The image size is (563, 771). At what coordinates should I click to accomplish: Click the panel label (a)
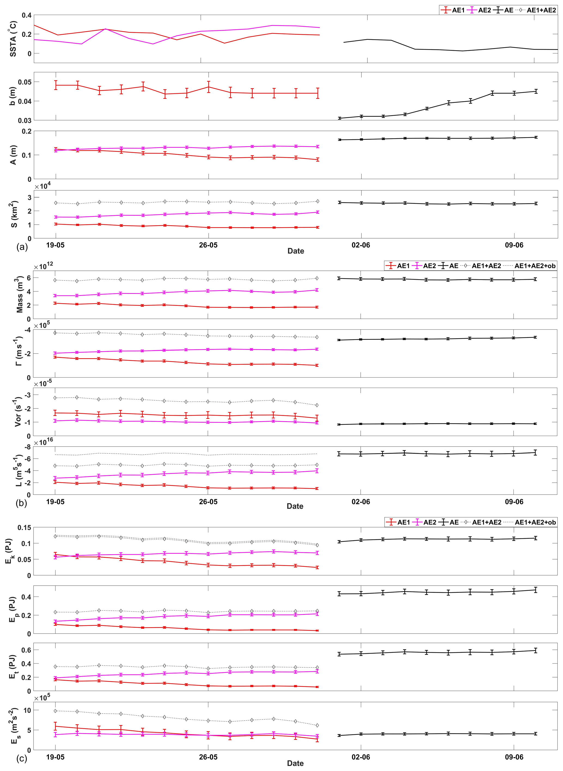click(x=22, y=247)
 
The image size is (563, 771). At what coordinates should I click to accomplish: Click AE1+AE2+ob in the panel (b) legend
click(x=535, y=266)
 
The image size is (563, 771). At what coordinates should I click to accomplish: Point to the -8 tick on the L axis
click(x=27, y=447)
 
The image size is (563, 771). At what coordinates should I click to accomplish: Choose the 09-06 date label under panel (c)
click(x=514, y=757)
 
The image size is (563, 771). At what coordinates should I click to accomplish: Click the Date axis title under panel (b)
click(x=295, y=506)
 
